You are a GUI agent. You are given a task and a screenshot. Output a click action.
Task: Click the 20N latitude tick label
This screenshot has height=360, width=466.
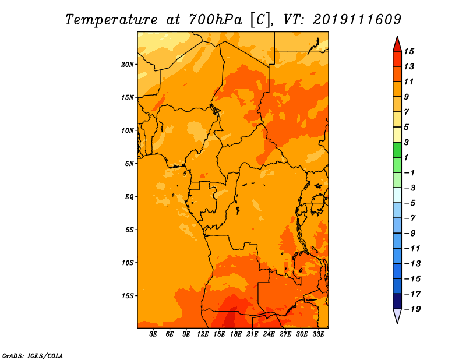[x=128, y=65]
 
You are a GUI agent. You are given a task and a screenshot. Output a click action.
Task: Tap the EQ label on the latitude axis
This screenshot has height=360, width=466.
[x=129, y=197]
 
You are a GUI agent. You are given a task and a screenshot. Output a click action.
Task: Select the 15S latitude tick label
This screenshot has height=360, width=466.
[x=128, y=296]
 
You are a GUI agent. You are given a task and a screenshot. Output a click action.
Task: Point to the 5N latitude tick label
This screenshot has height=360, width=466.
[x=129, y=164]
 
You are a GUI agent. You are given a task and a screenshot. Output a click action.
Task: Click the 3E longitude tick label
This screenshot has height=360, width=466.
[x=153, y=334]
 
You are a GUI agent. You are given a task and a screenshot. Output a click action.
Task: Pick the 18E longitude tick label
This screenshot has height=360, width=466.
[x=236, y=334]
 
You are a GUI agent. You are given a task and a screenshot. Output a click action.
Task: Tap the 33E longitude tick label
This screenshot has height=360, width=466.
[x=318, y=334]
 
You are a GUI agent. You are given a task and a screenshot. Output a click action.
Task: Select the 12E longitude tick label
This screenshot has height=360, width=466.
[x=203, y=334]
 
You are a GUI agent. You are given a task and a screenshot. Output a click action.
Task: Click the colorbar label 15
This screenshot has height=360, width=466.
[x=409, y=51]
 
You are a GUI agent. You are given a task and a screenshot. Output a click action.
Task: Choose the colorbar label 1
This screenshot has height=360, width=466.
[x=407, y=157]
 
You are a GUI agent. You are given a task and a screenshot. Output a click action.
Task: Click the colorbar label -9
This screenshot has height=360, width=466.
[x=410, y=234]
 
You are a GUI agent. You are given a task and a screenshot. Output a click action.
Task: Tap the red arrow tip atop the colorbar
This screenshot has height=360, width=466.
[x=397, y=37]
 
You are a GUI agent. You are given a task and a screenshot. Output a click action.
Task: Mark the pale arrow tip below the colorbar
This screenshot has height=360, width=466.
[x=397, y=323]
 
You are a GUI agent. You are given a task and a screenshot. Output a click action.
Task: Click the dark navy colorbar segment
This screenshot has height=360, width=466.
[x=397, y=301]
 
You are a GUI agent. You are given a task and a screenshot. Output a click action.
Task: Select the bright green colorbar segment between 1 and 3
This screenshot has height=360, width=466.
[x=397, y=150]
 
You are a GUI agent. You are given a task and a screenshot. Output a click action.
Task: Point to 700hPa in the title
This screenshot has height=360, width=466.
[x=216, y=20]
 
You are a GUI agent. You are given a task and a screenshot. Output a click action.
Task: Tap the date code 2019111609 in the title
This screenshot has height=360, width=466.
[x=357, y=20]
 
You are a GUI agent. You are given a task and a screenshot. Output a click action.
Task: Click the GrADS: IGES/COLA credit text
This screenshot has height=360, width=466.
[x=33, y=356]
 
